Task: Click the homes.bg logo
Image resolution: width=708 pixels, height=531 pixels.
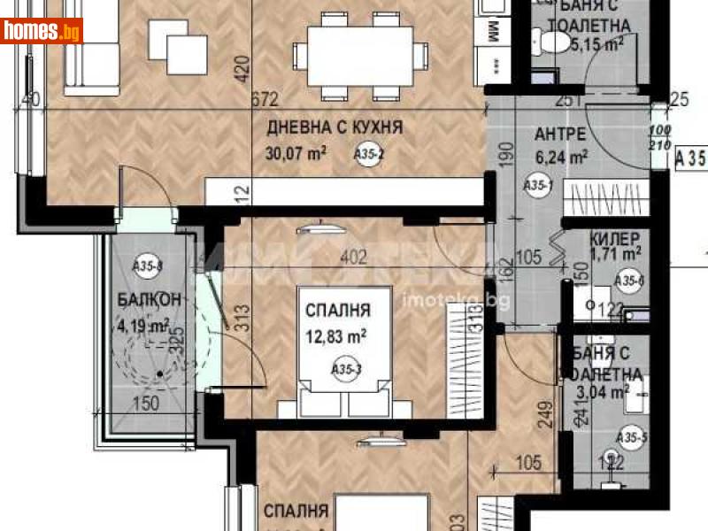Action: click(x=42, y=31)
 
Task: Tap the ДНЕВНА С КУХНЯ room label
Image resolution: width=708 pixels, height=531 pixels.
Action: click(x=335, y=127)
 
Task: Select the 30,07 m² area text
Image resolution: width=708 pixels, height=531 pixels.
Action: click(x=296, y=153)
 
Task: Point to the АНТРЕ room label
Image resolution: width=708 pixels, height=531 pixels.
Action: click(x=559, y=135)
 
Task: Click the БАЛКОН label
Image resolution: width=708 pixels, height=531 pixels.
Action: click(x=150, y=299)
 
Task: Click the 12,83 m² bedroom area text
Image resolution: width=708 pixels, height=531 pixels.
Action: click(x=336, y=335)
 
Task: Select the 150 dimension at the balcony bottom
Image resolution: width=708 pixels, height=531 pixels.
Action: click(x=146, y=404)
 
